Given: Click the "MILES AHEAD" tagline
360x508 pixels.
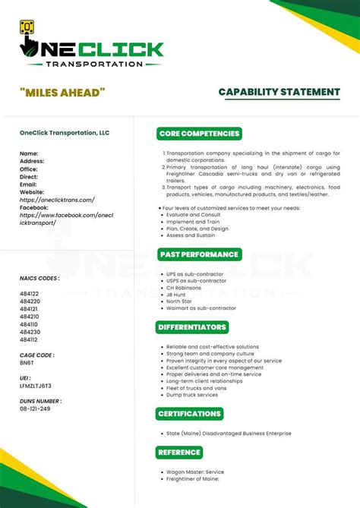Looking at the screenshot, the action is [62, 93].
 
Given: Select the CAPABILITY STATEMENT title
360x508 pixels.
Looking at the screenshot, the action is [279, 92].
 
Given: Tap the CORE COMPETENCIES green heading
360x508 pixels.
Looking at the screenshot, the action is [200, 134].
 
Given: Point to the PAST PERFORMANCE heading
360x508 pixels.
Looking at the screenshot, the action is [198, 254].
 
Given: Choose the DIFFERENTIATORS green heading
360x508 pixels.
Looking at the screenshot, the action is [193, 327].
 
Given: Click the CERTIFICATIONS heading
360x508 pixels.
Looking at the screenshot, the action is [189, 414].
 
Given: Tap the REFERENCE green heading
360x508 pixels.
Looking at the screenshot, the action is [179, 453].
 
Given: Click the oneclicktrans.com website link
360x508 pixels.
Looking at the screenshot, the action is [57, 200].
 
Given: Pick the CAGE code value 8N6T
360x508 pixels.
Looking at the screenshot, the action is [27, 362].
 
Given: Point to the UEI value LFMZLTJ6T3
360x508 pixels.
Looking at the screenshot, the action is [36, 385].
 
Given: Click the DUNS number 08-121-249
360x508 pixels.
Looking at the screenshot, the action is [35, 409].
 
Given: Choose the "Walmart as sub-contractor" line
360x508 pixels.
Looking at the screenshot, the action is [202, 308].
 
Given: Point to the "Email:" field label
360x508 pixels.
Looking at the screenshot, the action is [28, 185].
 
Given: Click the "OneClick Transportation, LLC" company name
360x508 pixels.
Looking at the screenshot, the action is [65, 133].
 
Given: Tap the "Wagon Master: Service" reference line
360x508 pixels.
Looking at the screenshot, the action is [195, 472].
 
